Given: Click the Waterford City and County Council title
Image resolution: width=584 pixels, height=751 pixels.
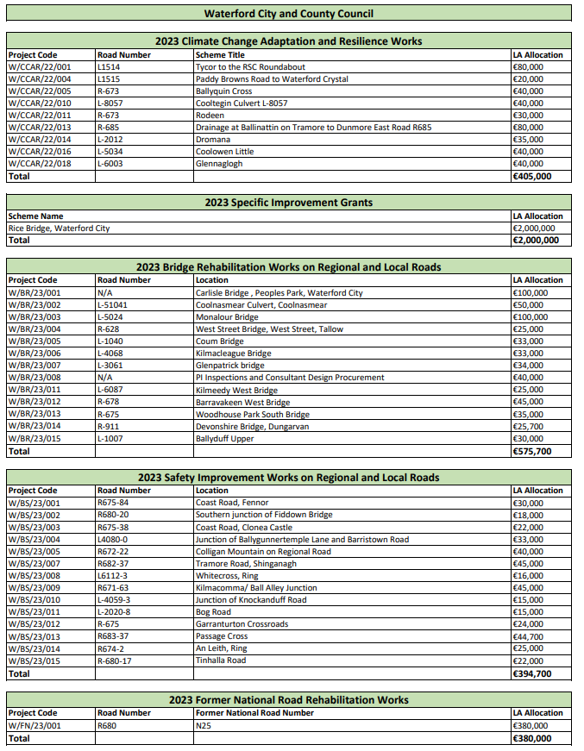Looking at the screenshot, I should [x=289, y=14].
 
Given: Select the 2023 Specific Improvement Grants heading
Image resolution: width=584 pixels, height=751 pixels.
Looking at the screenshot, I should [x=289, y=203].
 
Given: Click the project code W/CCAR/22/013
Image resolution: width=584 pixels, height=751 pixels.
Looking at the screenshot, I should [x=40, y=128].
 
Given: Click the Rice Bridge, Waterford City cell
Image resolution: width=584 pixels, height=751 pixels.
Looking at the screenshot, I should [x=60, y=228].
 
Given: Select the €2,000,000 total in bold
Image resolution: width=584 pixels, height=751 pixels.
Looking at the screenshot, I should [x=534, y=241].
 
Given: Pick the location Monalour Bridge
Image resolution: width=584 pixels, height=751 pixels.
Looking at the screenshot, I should [x=227, y=317].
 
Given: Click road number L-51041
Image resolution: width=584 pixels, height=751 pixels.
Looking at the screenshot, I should [x=113, y=305].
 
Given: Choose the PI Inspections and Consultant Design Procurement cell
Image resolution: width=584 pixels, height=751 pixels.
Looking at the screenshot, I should [x=289, y=378].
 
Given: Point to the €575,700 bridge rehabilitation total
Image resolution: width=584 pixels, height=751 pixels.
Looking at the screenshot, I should [x=531, y=451].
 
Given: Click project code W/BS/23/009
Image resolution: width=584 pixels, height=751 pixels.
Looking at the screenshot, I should [x=35, y=588].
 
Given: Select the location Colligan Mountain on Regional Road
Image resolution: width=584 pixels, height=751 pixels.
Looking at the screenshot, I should [x=263, y=552].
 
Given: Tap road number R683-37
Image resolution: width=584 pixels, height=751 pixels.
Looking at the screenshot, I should [x=113, y=636].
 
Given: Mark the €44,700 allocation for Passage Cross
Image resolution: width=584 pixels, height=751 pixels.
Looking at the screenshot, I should [x=528, y=636].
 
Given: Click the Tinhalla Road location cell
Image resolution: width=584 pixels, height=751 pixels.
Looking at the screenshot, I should [x=221, y=660].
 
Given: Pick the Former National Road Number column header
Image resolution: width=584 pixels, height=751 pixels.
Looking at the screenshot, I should [x=254, y=713].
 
